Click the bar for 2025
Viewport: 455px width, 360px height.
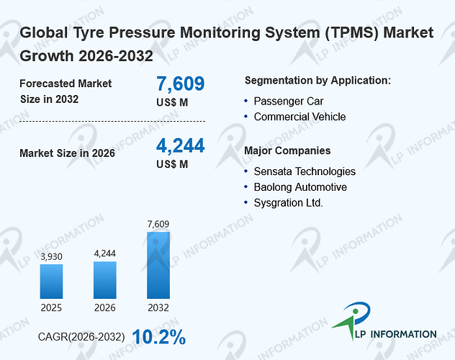pos(51,282)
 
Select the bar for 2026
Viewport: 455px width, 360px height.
pos(105,280)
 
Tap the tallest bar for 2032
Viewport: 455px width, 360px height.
pos(158,265)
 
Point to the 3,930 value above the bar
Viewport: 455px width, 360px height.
pos(51,257)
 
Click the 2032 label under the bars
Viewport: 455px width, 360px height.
pos(158,307)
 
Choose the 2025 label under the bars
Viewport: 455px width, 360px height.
pos(51,307)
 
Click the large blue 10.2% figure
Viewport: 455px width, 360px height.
pos(159,337)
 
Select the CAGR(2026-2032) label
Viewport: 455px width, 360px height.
pos(81,337)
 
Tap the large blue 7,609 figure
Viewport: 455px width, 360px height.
pos(181,84)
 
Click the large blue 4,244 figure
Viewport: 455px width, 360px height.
pos(181,145)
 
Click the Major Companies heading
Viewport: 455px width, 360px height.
pos(287,150)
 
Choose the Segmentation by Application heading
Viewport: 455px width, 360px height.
pos(317,81)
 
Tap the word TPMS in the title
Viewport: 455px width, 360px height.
pos(351,32)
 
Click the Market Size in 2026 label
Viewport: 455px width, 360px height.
pos(68,153)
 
